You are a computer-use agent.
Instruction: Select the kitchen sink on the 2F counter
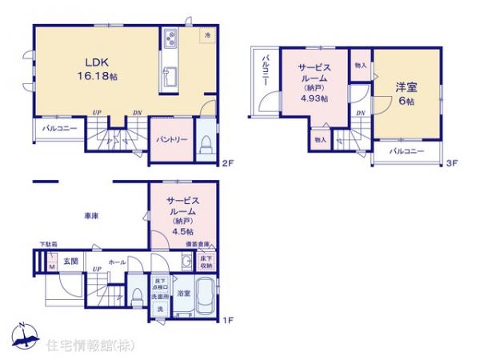click(x=170, y=78)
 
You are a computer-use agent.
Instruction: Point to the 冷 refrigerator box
click(x=207, y=35)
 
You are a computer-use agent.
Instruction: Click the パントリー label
click(x=172, y=139)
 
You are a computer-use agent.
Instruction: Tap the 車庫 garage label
click(x=90, y=216)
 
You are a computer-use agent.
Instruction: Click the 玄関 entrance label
click(x=70, y=261)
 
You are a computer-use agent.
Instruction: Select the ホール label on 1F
click(x=116, y=261)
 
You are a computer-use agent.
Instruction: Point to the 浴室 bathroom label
click(x=183, y=294)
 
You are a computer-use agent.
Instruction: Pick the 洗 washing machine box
click(x=159, y=310)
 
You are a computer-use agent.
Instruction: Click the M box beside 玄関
click(x=51, y=265)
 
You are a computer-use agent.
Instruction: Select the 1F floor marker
click(x=227, y=322)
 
